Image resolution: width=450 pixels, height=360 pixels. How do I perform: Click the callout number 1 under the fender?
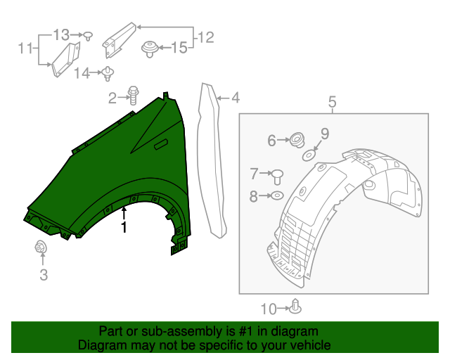point(124,228)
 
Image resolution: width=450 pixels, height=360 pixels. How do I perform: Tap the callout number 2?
point(112,98)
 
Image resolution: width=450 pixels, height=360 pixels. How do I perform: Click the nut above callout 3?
point(40,247)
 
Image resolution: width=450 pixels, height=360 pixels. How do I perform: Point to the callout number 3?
point(44,276)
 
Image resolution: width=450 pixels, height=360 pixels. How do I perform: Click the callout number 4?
point(235,98)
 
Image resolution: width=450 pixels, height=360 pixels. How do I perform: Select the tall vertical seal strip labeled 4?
point(213,162)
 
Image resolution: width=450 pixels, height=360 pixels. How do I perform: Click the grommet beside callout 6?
point(296,141)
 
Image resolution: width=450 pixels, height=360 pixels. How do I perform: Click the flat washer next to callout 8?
point(276,196)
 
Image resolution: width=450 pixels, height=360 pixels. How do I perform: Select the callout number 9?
point(325,133)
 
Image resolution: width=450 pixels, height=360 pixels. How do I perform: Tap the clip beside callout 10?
point(297,307)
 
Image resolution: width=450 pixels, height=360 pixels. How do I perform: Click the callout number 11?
point(25,49)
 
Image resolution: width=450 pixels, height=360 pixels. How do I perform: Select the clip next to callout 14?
point(109,72)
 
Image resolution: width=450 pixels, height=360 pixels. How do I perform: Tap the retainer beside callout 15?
point(148,49)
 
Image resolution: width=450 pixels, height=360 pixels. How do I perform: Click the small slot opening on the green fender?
point(161,144)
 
